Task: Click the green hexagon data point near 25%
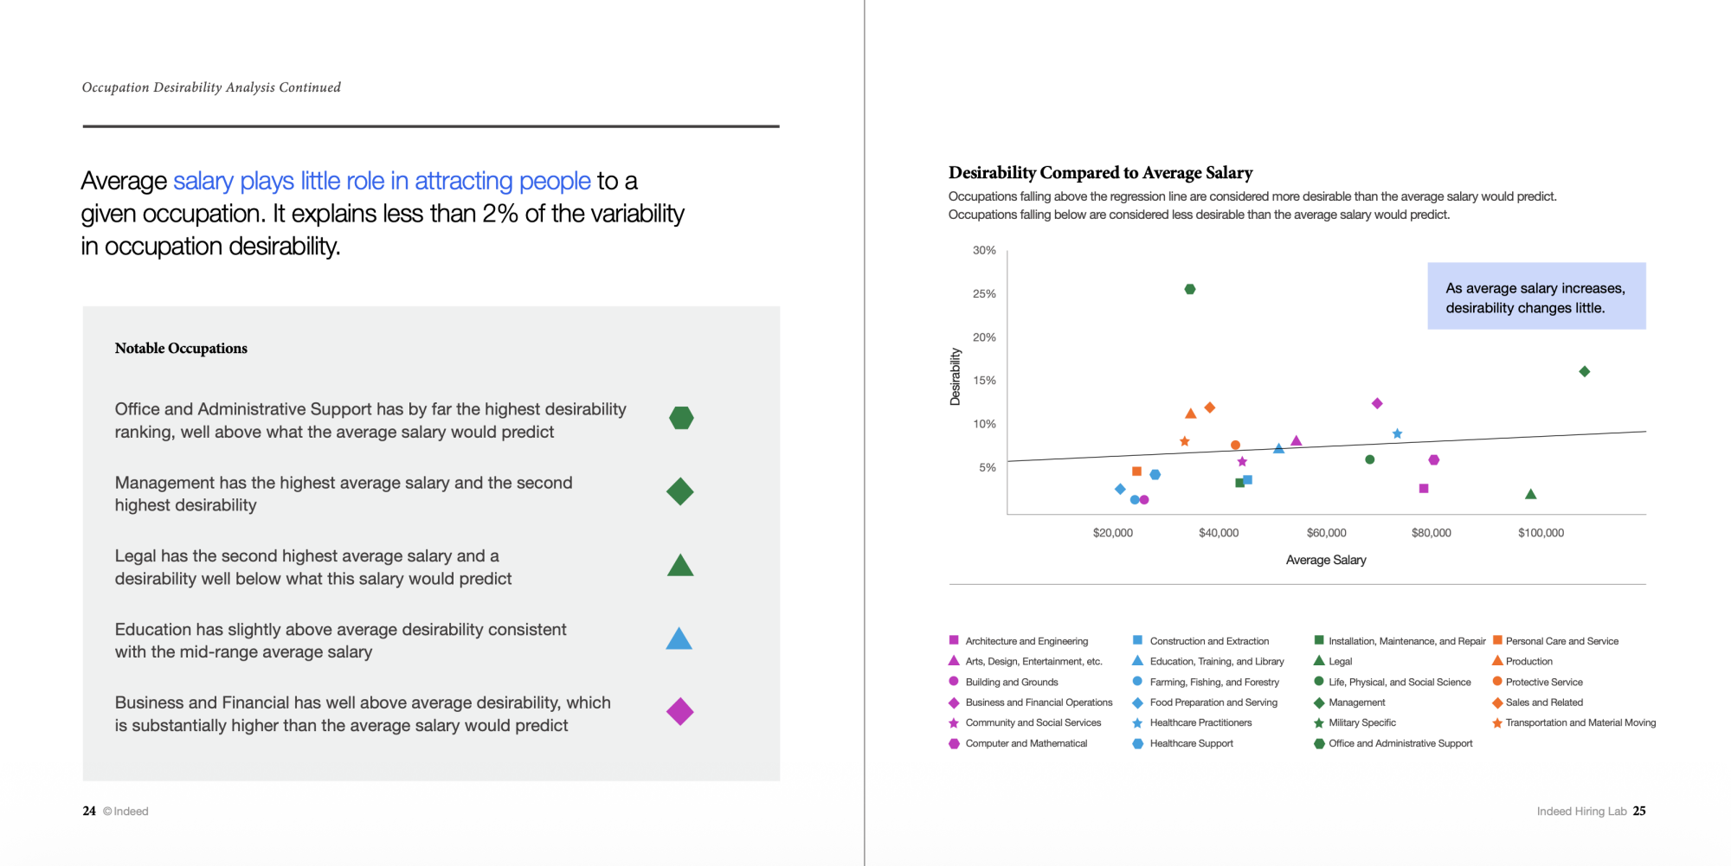[1190, 289]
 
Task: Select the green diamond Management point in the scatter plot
[1585, 371]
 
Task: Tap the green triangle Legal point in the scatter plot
[1530, 494]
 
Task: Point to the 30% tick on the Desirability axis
[984, 250]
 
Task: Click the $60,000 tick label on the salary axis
[1326, 533]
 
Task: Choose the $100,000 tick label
[1541, 533]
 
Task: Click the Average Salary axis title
[1326, 560]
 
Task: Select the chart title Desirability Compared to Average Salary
[1100, 173]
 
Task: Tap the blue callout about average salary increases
[1536, 296]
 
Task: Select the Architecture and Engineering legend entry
[1018, 641]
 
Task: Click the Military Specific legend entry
[1355, 722]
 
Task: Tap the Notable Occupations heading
[181, 348]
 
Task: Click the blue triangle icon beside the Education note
[679, 638]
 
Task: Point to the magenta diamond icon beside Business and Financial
[680, 712]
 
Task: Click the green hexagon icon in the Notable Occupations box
[681, 418]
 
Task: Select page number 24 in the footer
[89, 811]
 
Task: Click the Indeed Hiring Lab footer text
[1581, 811]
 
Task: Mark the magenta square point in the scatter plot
[1424, 489]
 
